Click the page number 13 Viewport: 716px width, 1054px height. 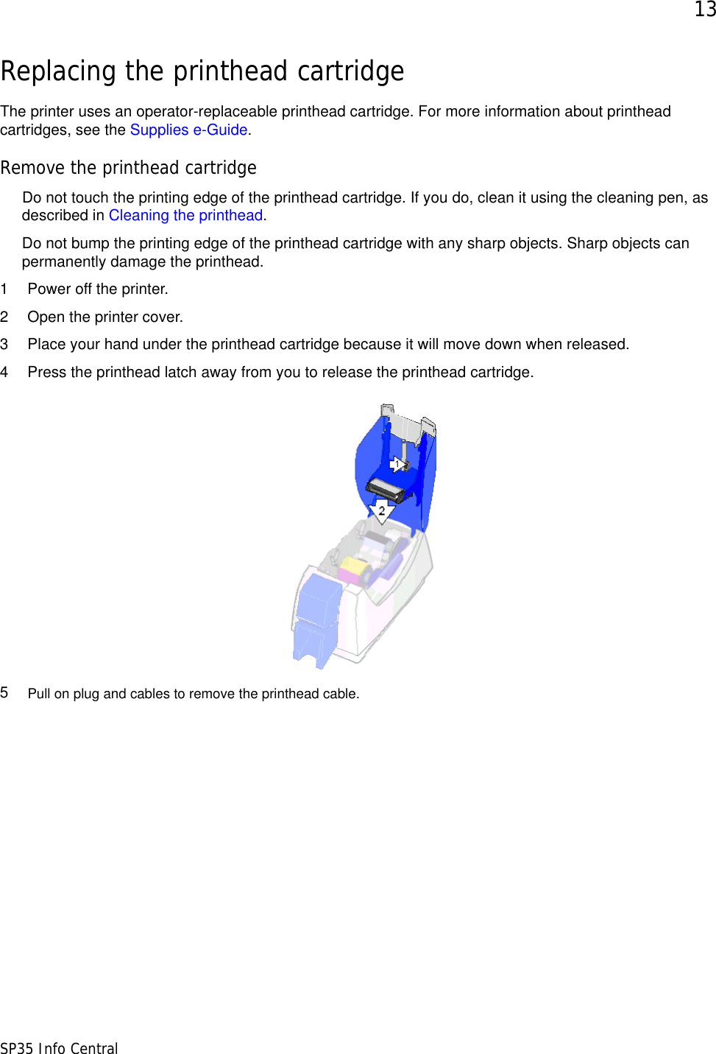(704, 10)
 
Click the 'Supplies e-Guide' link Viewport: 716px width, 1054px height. (188, 130)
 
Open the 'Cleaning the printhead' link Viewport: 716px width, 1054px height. (185, 216)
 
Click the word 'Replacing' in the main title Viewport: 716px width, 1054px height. (59, 71)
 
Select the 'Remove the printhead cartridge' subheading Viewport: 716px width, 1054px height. (129, 168)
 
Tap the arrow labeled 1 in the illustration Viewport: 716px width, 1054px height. (398, 464)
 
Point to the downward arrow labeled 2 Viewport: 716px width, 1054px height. (381, 510)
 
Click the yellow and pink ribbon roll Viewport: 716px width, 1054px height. (354, 570)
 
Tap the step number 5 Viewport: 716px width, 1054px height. (4, 693)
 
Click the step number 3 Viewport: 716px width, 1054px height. (4, 345)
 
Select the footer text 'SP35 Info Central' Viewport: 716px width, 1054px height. (59, 1048)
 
